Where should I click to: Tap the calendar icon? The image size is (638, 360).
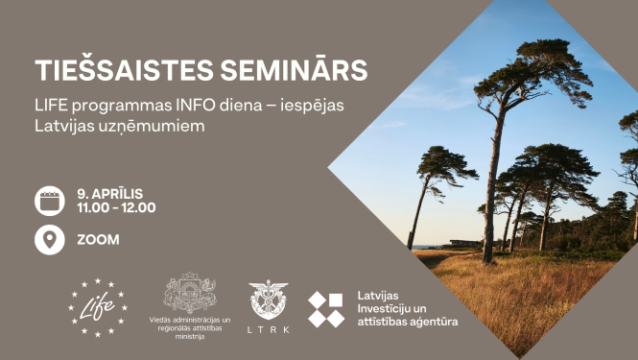coord(50,200)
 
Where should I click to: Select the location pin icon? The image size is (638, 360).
coord(50,239)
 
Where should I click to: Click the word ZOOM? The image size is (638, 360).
coord(97,239)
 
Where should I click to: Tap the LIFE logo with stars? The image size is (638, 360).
coord(97,307)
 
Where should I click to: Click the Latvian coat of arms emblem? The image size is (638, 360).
coord(190,293)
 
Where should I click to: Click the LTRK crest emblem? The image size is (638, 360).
coord(268,300)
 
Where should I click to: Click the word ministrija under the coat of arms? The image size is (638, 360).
coord(190,336)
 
